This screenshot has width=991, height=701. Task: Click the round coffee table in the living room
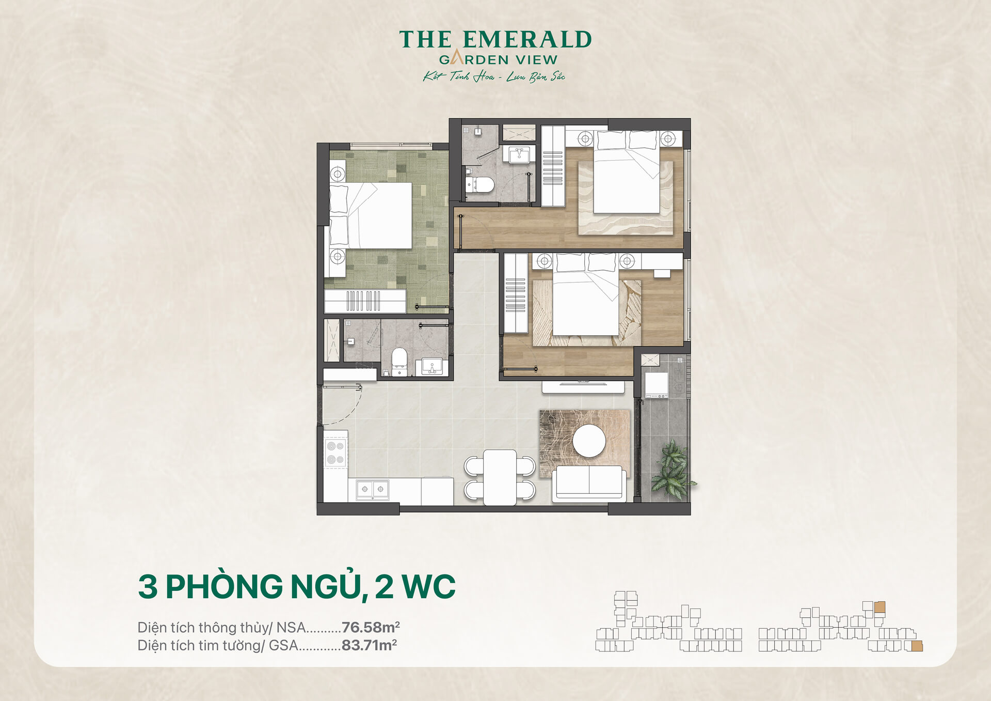tap(589, 441)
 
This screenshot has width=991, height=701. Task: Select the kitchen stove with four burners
tap(335, 453)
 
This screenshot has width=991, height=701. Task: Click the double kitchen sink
tap(373, 489)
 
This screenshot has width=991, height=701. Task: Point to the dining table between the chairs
tap(500, 477)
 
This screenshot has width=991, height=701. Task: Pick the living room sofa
tap(589, 483)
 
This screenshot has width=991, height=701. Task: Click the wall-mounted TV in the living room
tap(583, 384)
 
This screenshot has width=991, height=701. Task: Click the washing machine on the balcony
tap(657, 385)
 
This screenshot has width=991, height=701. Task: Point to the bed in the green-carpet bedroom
tap(371, 215)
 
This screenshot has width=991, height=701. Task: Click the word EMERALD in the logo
tap(527, 40)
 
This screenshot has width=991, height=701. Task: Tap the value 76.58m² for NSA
tap(371, 627)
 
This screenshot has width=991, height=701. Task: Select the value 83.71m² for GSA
tap(369, 645)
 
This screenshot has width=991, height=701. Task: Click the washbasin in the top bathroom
tap(519, 154)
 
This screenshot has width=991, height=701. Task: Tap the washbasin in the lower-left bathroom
tap(432, 366)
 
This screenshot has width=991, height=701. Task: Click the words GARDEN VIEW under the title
tap(498, 60)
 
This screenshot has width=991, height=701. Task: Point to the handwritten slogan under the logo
tap(494, 76)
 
